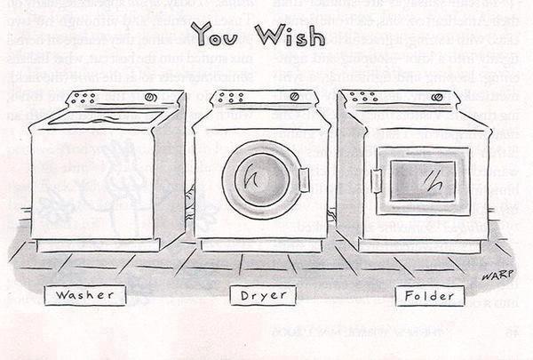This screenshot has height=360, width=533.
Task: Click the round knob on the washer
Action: pyautogui.click(x=151, y=96)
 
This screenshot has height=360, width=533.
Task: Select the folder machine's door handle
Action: pyautogui.click(x=377, y=180)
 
